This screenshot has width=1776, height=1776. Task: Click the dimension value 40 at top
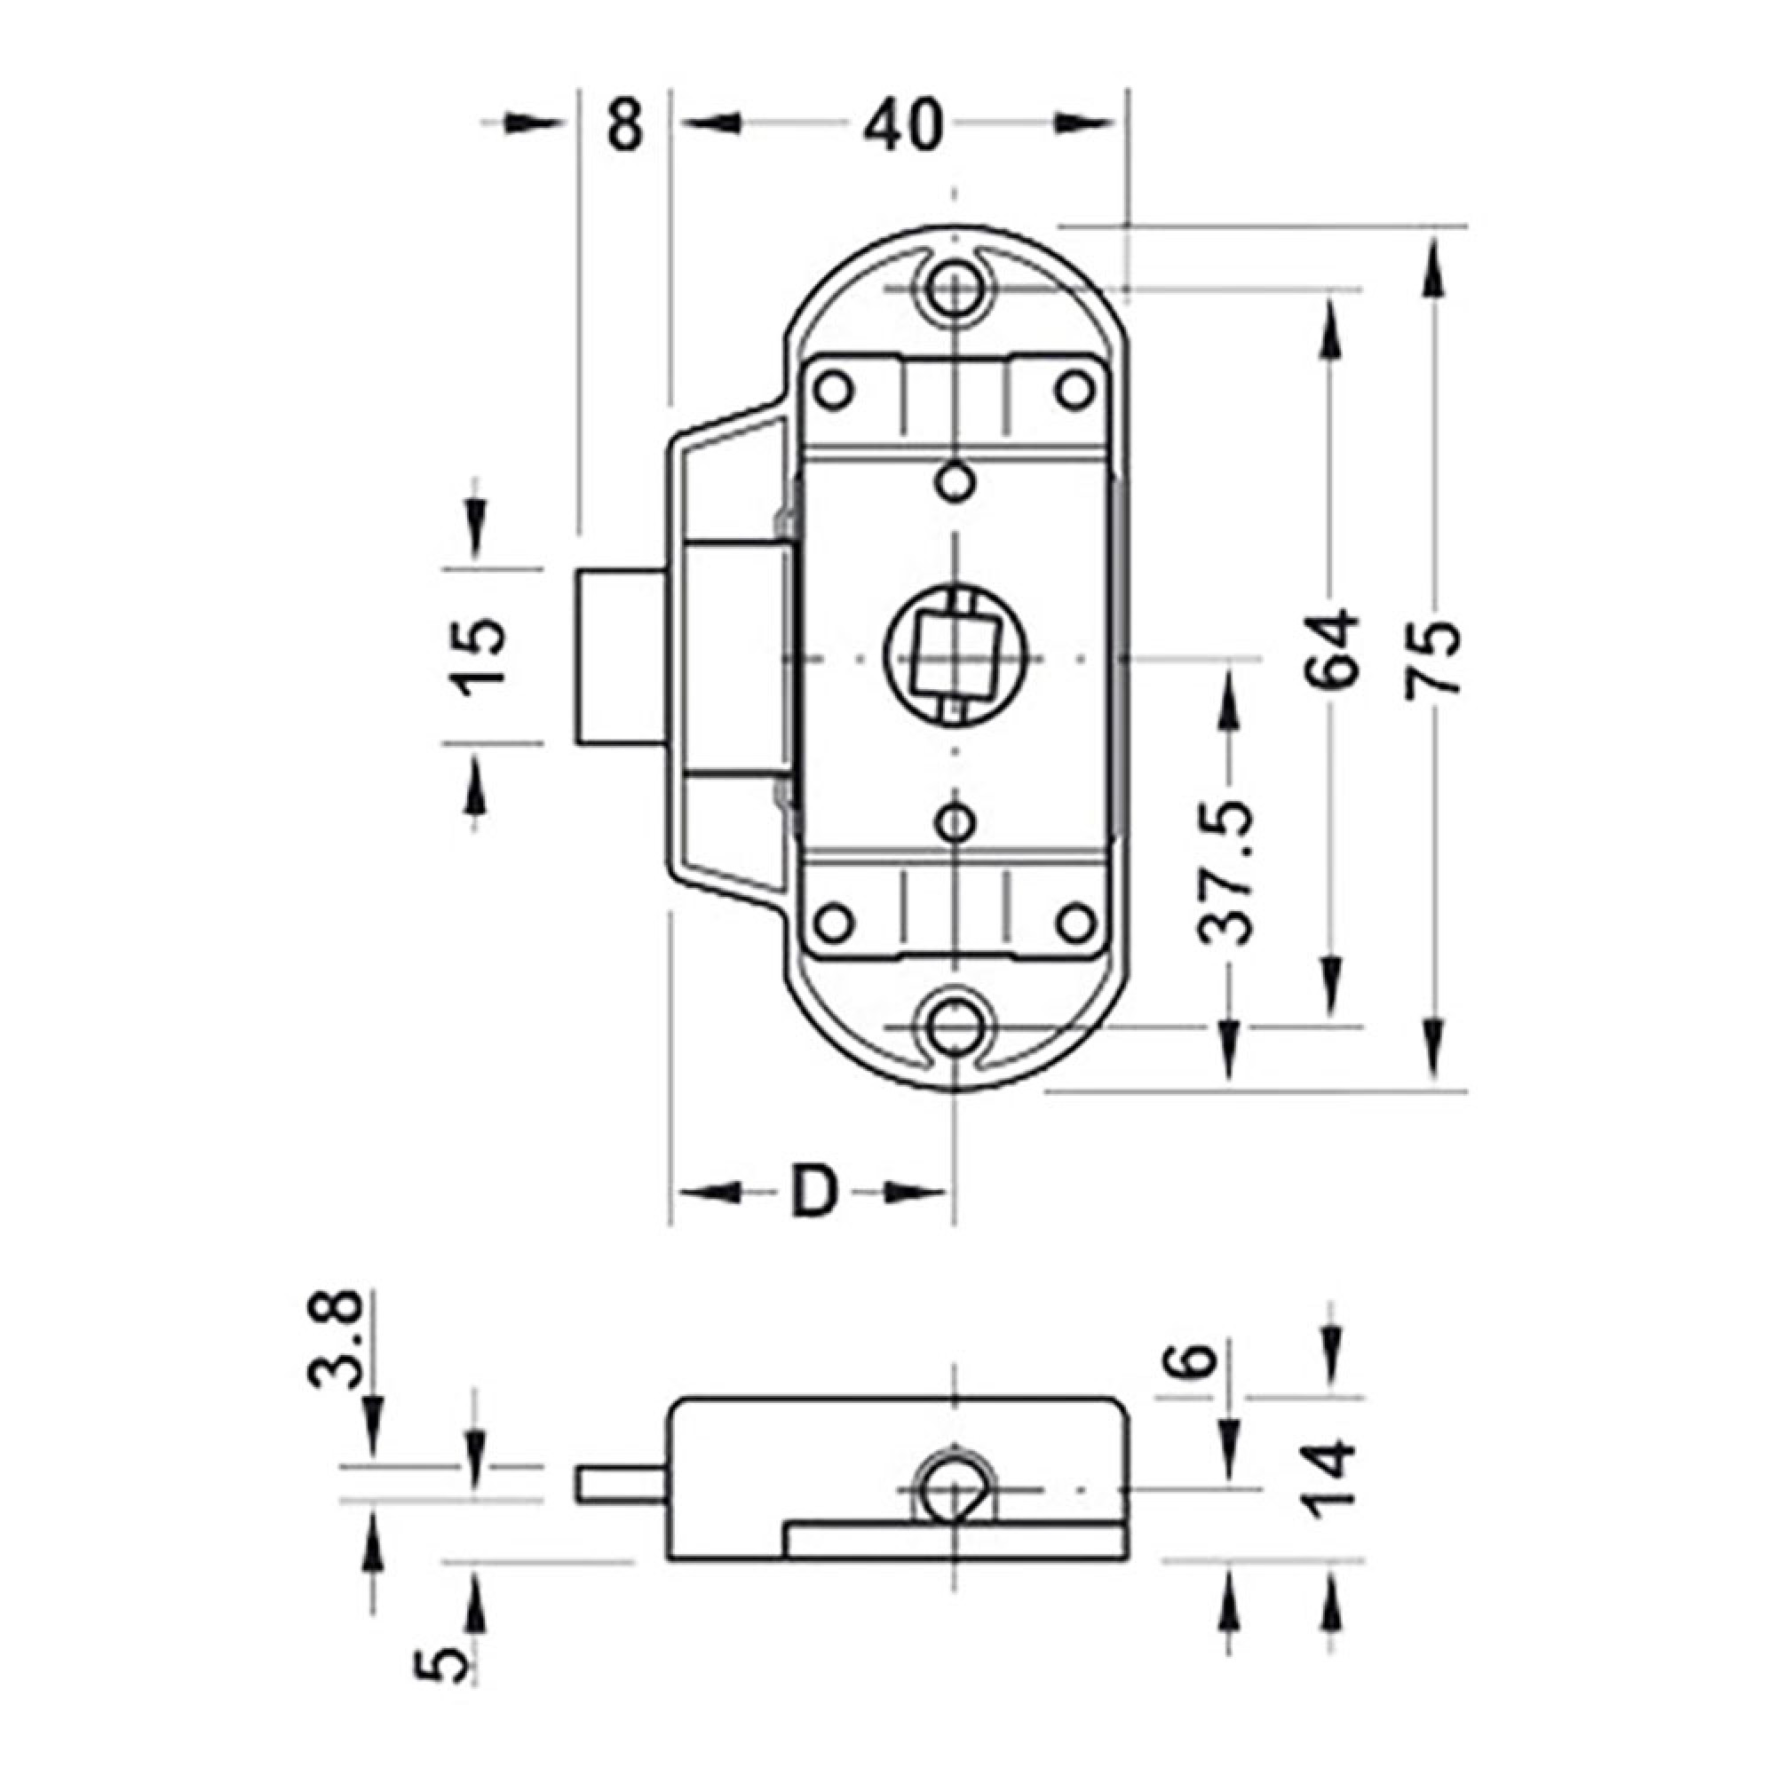pyautogui.click(x=903, y=126)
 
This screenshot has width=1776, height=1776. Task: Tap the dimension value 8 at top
pyautogui.click(x=625, y=126)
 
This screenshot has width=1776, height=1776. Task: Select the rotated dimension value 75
pyautogui.click(x=1432, y=660)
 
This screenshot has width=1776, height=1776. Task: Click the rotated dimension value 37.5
pyautogui.click(x=1226, y=872)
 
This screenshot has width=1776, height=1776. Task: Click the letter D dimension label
pyautogui.click(x=814, y=1192)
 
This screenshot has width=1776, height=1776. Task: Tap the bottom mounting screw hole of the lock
pyautogui.click(x=955, y=1027)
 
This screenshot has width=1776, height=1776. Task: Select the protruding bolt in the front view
pyautogui.click(x=622, y=656)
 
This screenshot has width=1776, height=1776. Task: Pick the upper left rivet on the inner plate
pyautogui.click(x=834, y=390)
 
